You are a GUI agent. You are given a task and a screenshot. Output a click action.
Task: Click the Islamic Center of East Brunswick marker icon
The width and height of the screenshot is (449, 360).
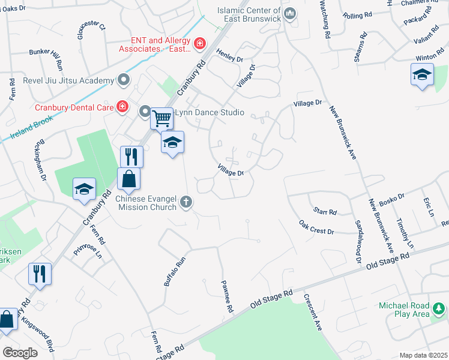291,13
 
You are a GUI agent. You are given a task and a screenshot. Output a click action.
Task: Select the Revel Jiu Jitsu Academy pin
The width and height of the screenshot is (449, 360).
124,80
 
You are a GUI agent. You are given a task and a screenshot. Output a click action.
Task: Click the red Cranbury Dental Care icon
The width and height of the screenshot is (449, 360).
122,107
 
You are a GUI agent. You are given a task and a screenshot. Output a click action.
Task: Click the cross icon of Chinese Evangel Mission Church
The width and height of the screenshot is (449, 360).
186,202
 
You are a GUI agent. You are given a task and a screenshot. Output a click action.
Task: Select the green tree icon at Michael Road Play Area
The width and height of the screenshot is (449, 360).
439,308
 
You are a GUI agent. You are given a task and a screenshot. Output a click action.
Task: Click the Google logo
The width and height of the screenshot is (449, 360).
20,353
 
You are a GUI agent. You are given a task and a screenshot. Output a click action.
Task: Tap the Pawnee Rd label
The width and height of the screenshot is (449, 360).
226,298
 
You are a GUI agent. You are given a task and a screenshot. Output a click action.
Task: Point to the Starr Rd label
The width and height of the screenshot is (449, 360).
325,211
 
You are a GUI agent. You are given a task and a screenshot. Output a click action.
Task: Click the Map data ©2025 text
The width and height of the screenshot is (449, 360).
423,355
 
